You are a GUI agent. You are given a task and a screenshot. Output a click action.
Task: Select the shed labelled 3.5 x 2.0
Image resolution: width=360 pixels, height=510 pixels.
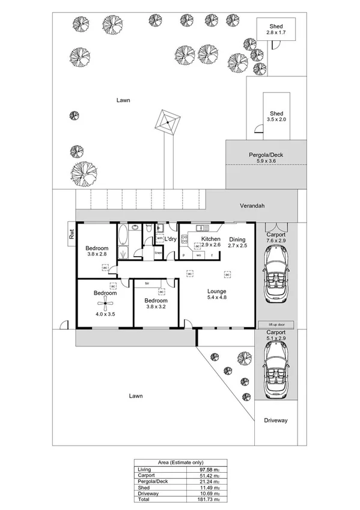coord(276,117)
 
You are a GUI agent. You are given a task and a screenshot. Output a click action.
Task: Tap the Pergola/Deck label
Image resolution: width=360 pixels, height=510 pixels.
coord(266,158)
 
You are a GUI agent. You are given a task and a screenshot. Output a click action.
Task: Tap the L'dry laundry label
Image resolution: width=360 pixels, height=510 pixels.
coord(170,239)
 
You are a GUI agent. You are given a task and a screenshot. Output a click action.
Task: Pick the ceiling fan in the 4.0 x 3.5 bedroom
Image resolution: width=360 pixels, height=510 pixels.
coord(100,304)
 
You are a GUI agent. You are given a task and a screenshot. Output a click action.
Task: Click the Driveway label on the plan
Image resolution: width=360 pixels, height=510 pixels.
coord(276,421)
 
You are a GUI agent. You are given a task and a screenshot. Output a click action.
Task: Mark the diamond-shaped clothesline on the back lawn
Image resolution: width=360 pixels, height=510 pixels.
coord(167,123)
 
